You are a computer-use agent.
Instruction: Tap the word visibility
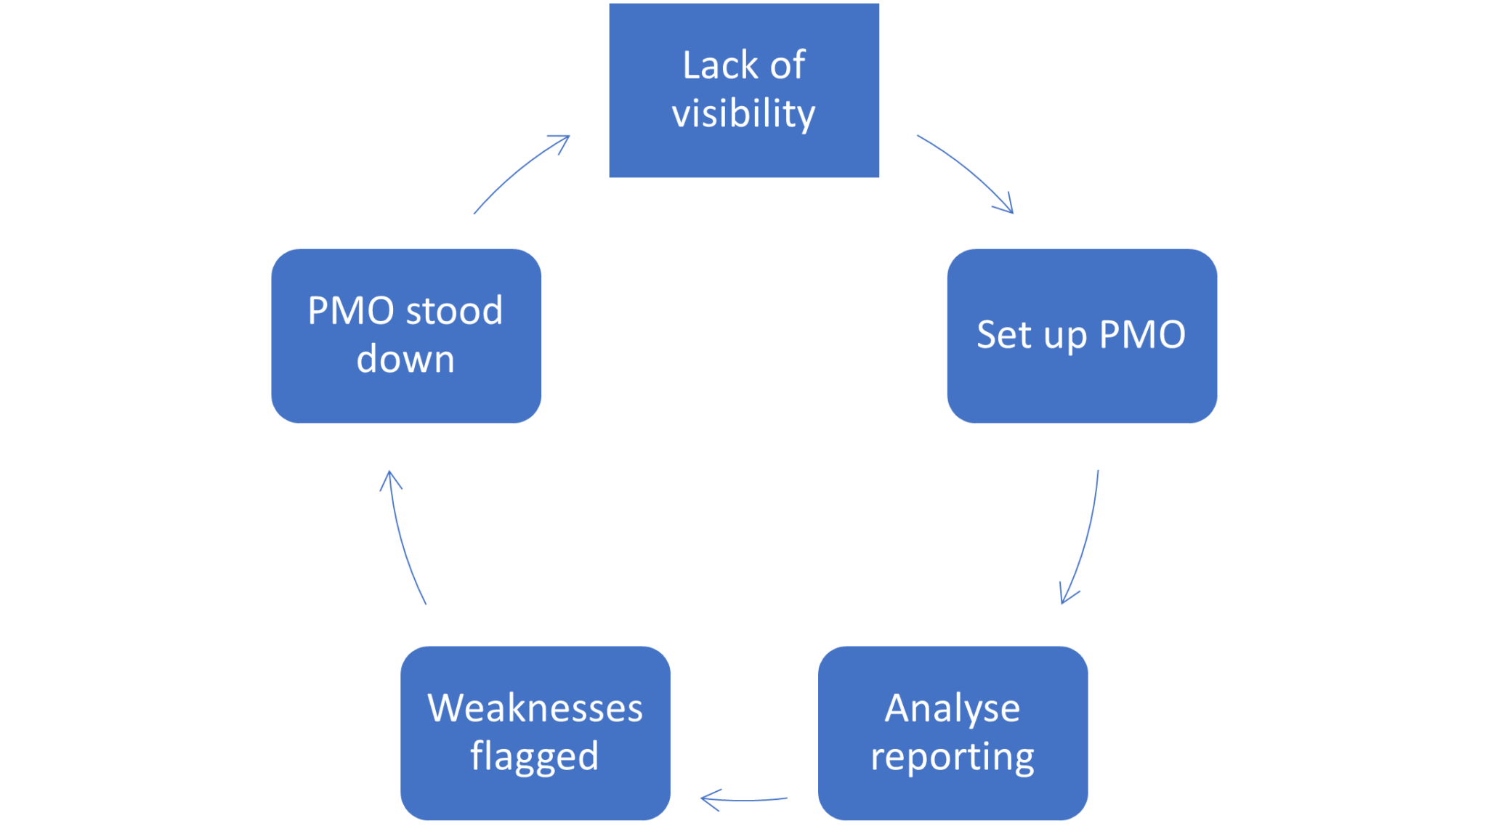[x=743, y=114]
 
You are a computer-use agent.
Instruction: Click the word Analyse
[x=952, y=708]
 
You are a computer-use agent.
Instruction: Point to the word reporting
[x=952, y=757]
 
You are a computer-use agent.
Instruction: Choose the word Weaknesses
[x=535, y=708]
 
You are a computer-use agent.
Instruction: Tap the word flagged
[x=535, y=757]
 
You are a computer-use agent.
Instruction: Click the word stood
[x=453, y=311]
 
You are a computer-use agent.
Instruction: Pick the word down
[x=405, y=360]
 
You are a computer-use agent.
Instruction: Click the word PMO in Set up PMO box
[x=1142, y=335]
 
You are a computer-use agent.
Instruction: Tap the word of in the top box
[x=788, y=65]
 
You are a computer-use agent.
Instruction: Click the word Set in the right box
[x=1003, y=335]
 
